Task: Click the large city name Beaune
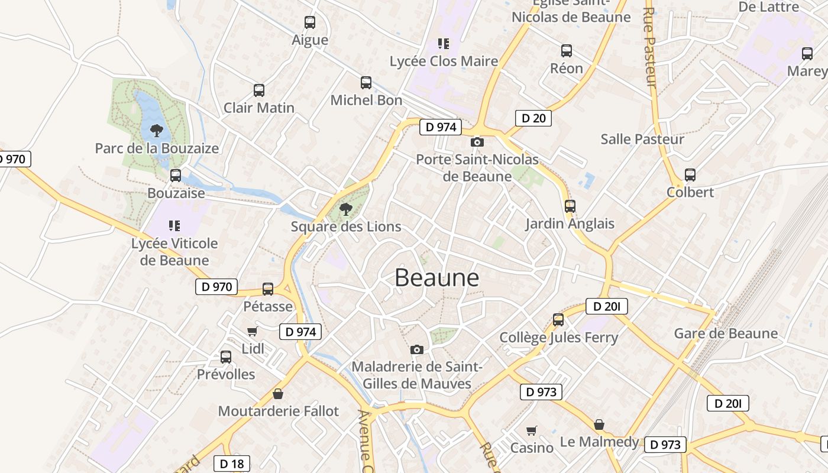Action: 436,277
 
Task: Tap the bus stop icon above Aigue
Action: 310,22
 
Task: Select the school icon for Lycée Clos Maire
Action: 444,43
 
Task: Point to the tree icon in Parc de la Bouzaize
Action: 156,130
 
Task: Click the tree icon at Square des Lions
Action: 346,209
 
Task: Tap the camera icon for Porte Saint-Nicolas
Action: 477,142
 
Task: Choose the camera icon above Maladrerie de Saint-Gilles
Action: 417,349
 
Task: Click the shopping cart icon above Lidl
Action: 253,331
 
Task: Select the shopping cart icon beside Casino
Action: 532,430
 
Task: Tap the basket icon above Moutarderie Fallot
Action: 278,394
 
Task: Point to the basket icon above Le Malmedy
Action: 599,425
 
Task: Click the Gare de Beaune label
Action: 726,333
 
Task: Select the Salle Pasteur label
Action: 642,140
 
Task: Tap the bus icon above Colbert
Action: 690,175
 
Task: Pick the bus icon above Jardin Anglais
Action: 570,206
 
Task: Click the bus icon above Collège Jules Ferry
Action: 558,320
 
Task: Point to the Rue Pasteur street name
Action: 650,47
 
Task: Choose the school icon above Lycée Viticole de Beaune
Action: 174,225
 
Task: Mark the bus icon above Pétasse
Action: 268,289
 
